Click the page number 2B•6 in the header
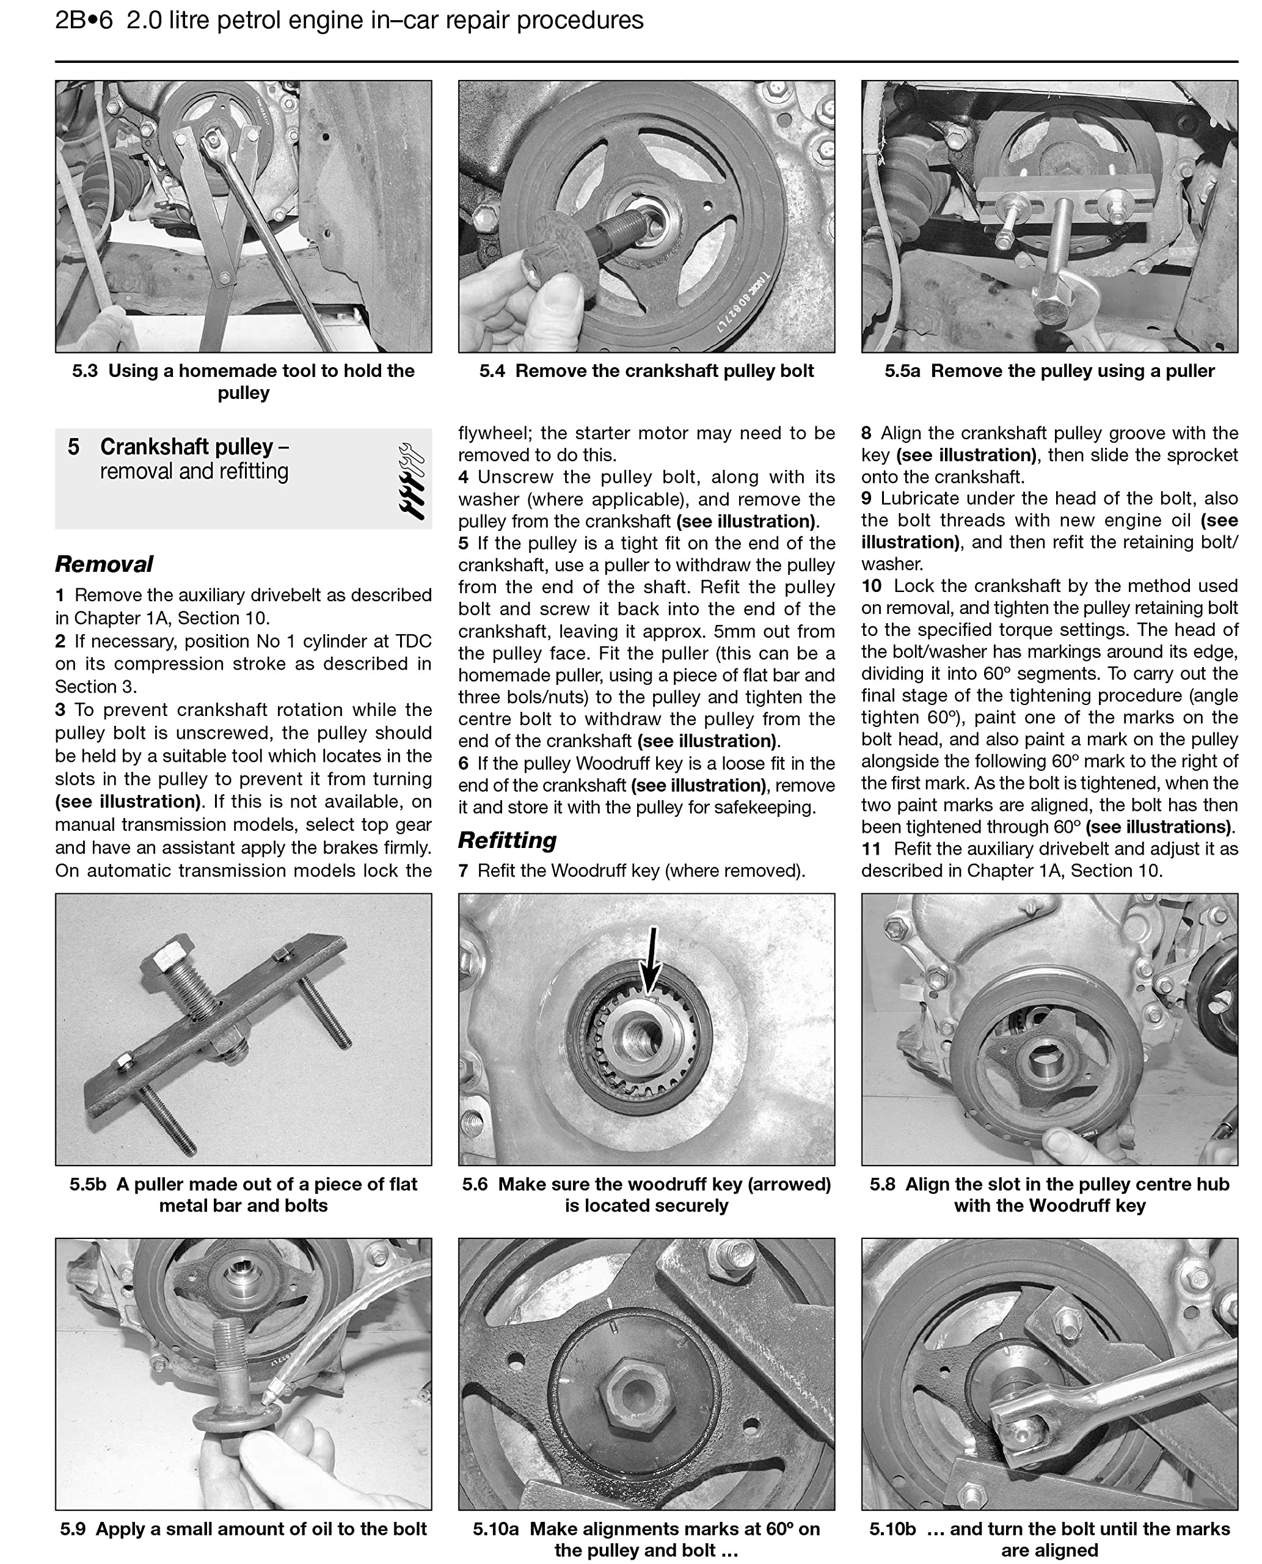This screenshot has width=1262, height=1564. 84,20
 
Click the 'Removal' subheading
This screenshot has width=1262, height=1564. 104,565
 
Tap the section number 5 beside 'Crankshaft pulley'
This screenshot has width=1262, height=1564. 73,447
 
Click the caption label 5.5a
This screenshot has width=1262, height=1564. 902,371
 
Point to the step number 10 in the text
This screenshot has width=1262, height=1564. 871,586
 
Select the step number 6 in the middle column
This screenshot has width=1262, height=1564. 463,764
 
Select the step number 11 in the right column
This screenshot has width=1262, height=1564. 871,849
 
